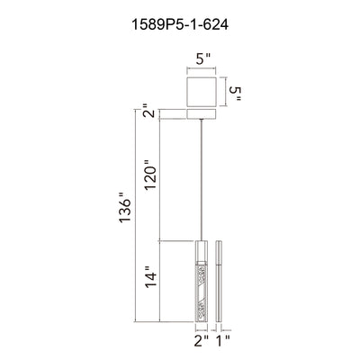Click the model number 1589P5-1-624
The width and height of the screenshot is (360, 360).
[x=180, y=24]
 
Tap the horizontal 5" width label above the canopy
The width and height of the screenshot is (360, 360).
[x=203, y=59]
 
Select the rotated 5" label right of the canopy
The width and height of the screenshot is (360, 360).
[x=235, y=94]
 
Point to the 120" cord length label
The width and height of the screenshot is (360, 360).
[x=150, y=175]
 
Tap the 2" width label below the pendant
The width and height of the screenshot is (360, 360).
[x=202, y=341]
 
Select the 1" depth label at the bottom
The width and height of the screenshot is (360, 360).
[x=223, y=341]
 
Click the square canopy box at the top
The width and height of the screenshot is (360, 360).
[x=202, y=92]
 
